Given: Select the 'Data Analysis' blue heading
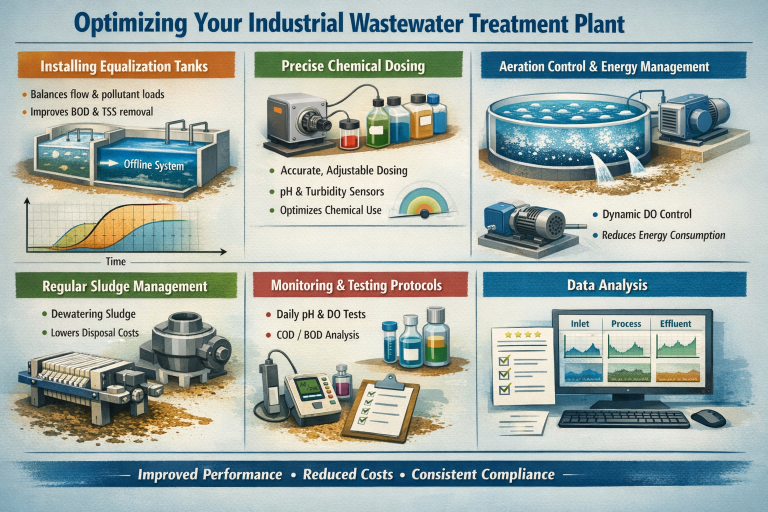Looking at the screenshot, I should pyautogui.click(x=622, y=286).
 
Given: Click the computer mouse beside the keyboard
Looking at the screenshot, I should pyautogui.click(x=707, y=417).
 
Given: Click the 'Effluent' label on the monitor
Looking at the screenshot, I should pyautogui.click(x=676, y=323).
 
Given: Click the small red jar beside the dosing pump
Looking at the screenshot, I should pyautogui.click(x=351, y=133).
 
